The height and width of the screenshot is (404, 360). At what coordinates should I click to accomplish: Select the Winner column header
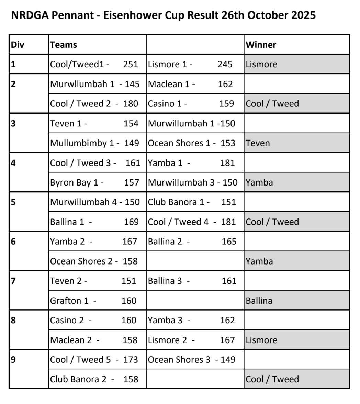pos(261,45)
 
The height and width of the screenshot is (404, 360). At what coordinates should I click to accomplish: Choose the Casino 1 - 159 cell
pos(191,104)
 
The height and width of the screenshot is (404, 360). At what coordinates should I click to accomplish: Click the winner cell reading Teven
pos(258,143)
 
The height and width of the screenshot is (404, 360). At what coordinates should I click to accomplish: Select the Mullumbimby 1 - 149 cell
pos(94,143)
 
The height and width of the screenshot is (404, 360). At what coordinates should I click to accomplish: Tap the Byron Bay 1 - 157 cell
pos(94,182)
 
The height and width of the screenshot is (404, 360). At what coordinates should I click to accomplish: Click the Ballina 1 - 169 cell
pos(94,222)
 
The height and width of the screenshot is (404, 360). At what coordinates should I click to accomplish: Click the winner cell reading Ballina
pos(259,301)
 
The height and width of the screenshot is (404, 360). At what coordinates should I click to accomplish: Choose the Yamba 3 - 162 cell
pos(191,320)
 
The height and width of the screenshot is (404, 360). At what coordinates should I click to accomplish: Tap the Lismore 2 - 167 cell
pos(191,340)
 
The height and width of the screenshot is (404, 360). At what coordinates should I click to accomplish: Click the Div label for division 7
pos(13,281)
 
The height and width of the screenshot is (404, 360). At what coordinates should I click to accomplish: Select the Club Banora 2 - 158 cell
pos(94,379)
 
